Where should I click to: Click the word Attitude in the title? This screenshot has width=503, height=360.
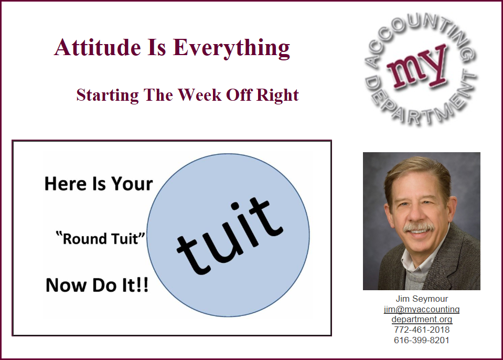pyautogui.click(x=98, y=47)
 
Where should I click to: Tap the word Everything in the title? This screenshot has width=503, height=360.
pyautogui.click(x=231, y=48)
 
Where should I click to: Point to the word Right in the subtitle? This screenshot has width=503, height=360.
pyautogui.click(x=277, y=96)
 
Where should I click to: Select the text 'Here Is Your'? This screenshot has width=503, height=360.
pyautogui.click(x=99, y=184)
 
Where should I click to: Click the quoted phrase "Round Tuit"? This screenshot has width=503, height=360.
pyautogui.click(x=100, y=239)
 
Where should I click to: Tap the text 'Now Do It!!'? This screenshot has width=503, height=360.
pyautogui.click(x=97, y=285)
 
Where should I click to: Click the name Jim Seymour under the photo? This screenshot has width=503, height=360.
pyautogui.click(x=422, y=299)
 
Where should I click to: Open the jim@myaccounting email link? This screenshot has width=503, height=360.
pyautogui.click(x=422, y=309)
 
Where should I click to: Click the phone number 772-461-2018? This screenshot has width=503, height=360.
pyautogui.click(x=422, y=330)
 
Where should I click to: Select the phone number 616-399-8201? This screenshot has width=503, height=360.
pyautogui.click(x=422, y=340)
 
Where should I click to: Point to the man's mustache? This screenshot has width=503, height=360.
pyautogui.click(x=419, y=227)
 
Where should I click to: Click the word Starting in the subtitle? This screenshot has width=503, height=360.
pyautogui.click(x=108, y=96)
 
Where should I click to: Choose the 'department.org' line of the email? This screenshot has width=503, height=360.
pyautogui.click(x=422, y=320)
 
